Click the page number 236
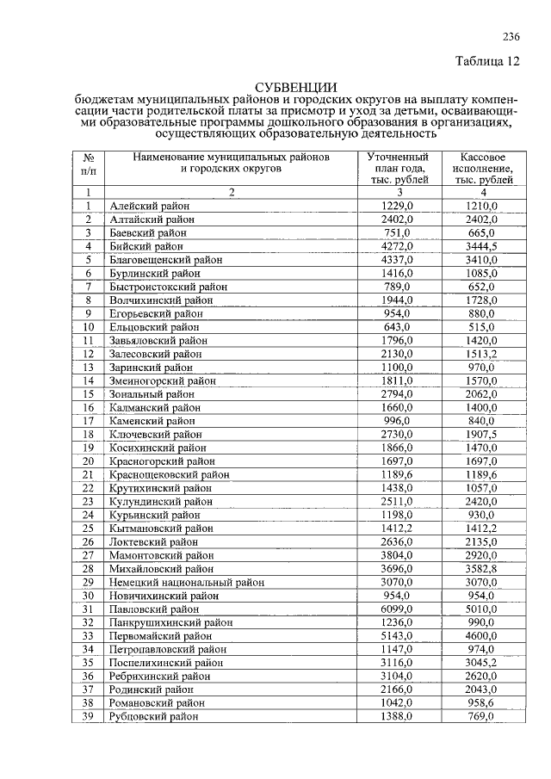coord(511,35)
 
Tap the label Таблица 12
coord(487,61)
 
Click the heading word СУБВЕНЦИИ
coord(294,87)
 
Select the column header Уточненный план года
coord(398,169)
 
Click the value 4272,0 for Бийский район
coord(398,246)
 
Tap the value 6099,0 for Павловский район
coord(398,609)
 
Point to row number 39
coord(88,716)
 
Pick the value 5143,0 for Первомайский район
coord(398,635)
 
